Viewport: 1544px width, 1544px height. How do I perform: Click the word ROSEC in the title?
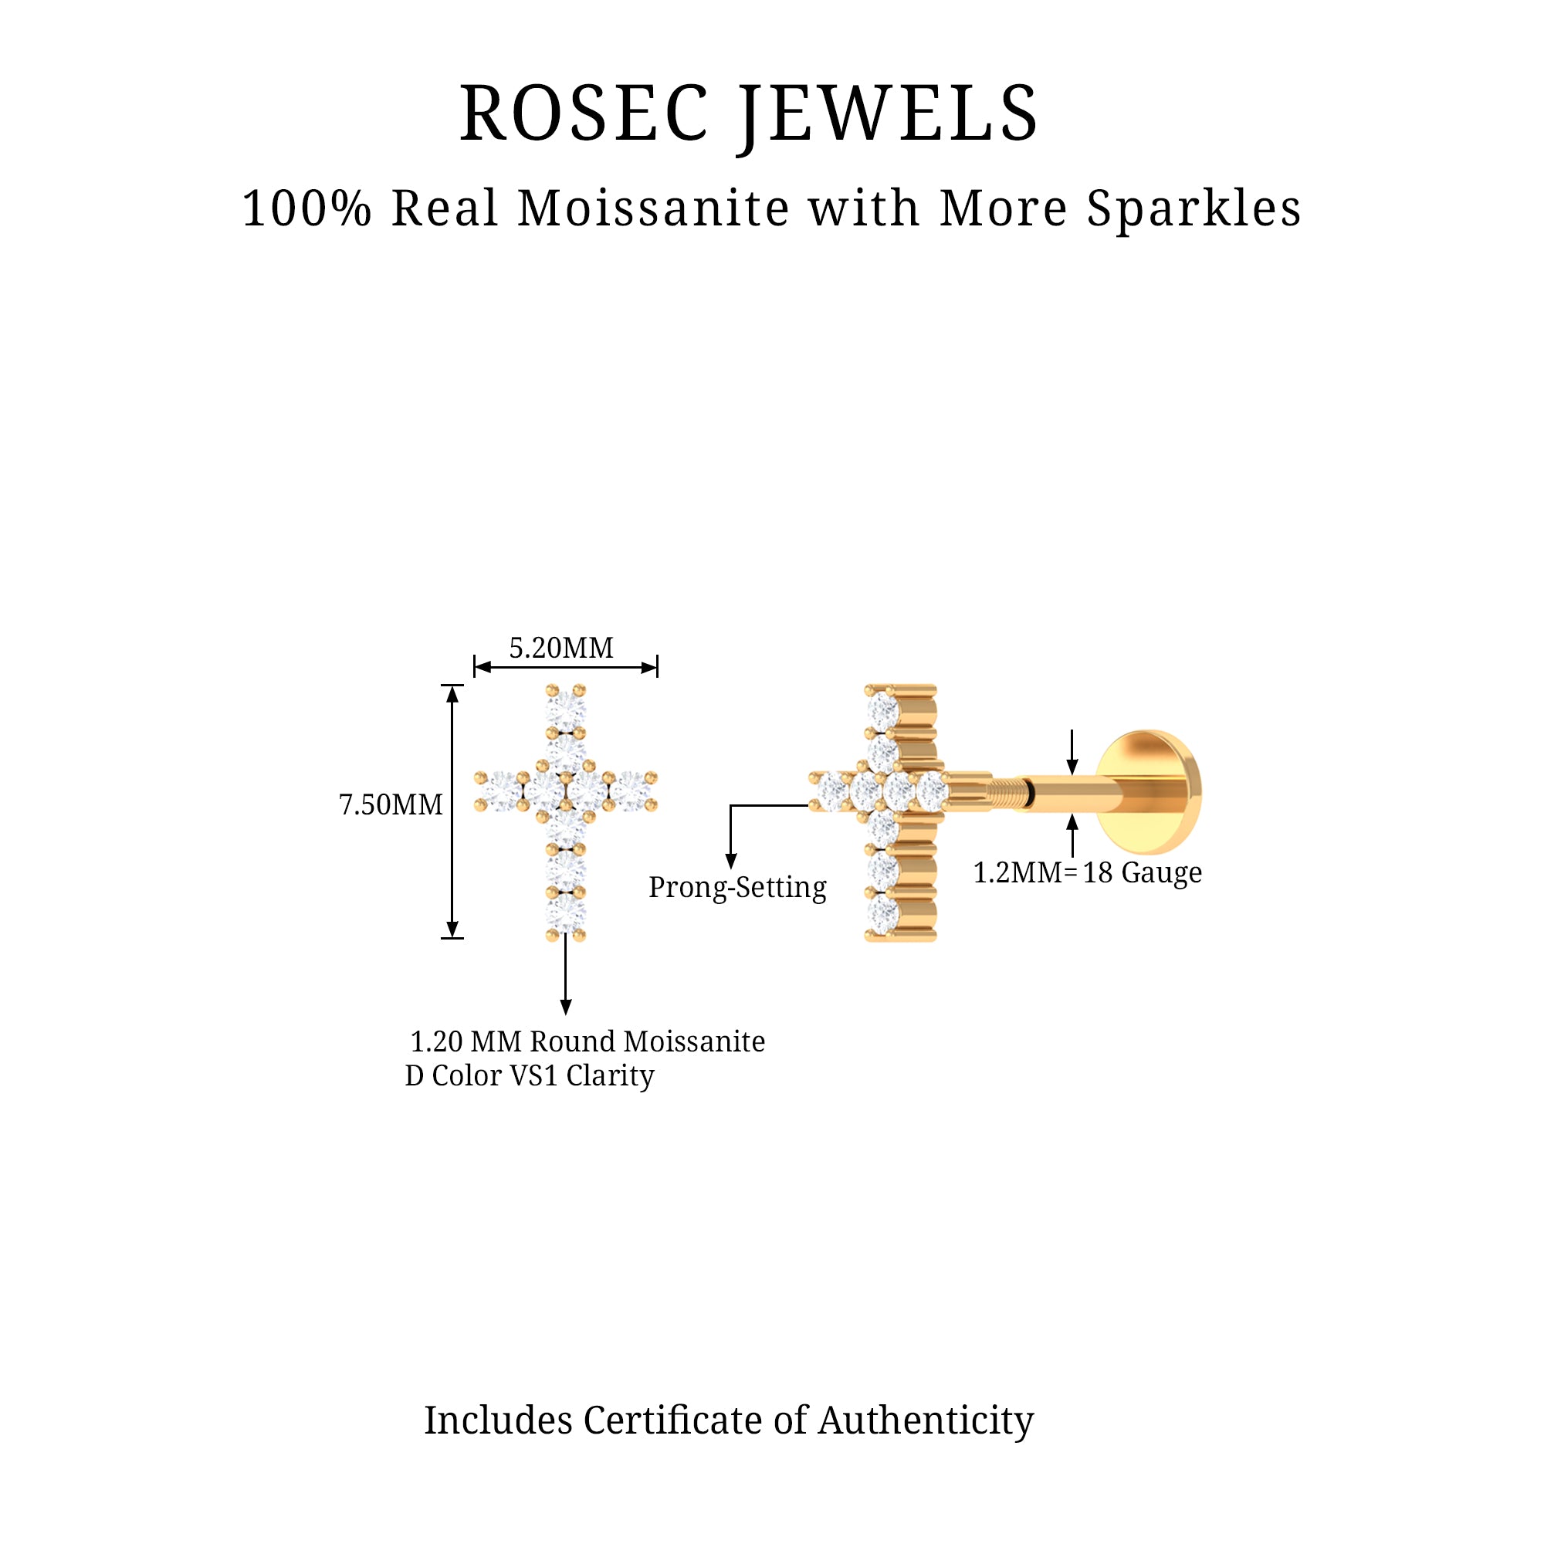[x=584, y=114]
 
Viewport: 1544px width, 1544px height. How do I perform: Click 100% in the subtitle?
[x=307, y=209]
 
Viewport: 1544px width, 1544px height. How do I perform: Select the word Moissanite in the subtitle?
[x=655, y=209]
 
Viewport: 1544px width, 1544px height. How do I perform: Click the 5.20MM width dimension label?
[x=561, y=648]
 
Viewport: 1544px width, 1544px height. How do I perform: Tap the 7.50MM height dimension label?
[x=391, y=804]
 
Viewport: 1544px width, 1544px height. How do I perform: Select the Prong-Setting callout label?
[x=736, y=888]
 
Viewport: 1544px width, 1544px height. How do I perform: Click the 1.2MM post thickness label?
[x=1017, y=872]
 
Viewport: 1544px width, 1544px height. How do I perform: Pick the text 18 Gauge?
[x=1142, y=872]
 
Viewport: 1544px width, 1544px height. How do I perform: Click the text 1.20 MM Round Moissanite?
[x=587, y=1042]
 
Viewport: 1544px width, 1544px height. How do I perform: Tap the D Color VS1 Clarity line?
[x=530, y=1076]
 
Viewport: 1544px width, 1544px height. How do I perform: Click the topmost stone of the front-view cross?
[x=566, y=708]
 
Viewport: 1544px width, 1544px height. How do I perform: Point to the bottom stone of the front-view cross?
[x=566, y=913]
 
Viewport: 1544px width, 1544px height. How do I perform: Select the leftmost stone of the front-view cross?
[x=502, y=791]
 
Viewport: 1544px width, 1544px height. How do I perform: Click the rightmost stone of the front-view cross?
[x=631, y=791]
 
